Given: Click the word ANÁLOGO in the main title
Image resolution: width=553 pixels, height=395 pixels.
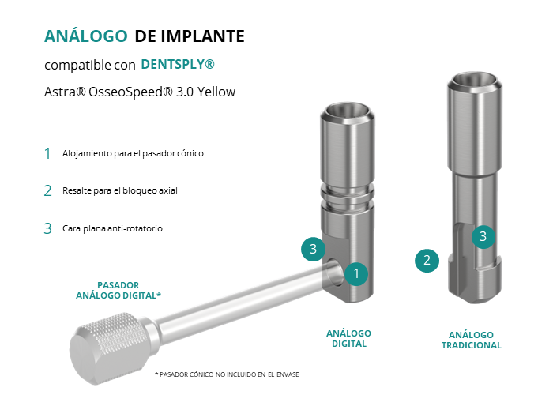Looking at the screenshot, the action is [x=85, y=36].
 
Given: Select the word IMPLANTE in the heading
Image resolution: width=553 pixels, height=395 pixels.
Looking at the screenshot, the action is [x=203, y=36].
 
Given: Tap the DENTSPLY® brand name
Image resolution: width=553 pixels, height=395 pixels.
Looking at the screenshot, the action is [x=178, y=64].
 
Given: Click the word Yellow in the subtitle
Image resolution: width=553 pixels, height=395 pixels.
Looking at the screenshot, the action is [x=216, y=92].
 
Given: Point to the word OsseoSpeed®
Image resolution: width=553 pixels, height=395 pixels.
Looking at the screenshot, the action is [x=130, y=92].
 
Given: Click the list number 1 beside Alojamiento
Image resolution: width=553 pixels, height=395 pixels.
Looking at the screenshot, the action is [x=47, y=153].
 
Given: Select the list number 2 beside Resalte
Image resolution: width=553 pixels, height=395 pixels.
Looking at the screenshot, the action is [x=48, y=191].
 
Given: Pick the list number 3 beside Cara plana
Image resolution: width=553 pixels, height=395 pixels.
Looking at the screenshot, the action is [x=48, y=228].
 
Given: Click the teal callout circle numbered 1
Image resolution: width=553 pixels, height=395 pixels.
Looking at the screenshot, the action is [x=356, y=273].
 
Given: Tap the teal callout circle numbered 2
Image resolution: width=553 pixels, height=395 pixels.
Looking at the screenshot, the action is [x=427, y=261].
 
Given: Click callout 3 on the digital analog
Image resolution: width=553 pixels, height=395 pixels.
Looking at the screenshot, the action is [x=313, y=249].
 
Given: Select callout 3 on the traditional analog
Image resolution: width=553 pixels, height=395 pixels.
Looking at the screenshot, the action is [x=483, y=236].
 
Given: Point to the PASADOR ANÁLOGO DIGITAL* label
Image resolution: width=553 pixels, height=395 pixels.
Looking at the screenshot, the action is [x=118, y=290].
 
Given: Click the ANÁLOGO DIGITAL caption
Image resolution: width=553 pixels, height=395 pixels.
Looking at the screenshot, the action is [x=349, y=339].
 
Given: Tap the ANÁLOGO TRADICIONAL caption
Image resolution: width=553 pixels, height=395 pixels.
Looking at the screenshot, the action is [x=472, y=340].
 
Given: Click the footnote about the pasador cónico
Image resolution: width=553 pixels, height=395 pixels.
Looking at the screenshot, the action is [x=227, y=374].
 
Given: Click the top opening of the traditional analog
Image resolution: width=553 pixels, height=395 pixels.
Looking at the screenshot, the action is [x=474, y=81].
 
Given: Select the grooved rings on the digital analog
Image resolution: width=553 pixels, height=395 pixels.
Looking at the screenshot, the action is [x=348, y=197].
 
